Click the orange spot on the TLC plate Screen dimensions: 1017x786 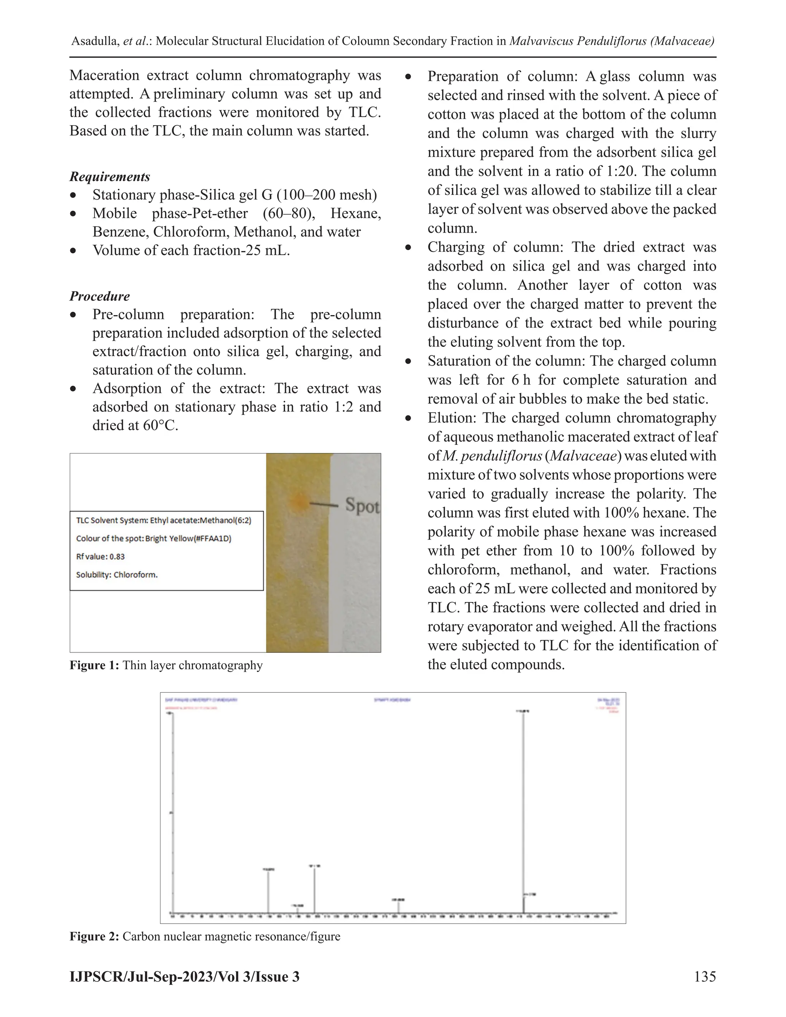point(297,502)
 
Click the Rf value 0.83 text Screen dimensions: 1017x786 point(100,556)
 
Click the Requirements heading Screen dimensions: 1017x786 point(110,177)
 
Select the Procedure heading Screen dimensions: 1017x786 point(100,296)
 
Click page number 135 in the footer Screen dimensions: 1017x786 point(705,976)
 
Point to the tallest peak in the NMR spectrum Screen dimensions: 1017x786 point(523,792)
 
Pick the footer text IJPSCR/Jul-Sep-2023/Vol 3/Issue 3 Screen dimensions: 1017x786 point(184,976)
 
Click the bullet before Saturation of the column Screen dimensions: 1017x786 point(408,362)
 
